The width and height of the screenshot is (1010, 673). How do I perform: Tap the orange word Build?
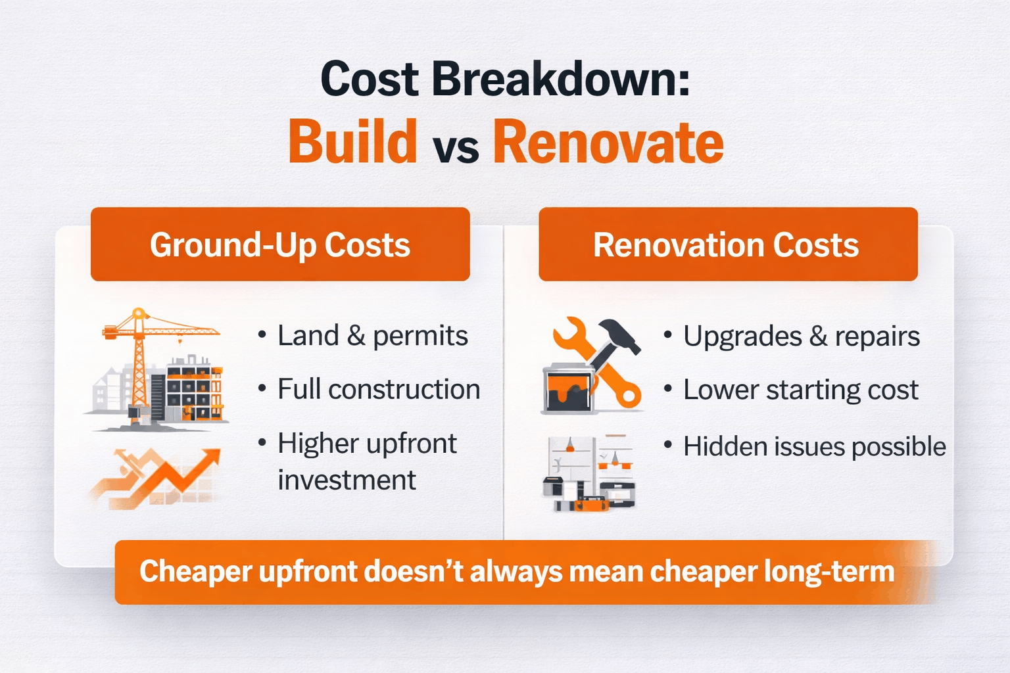[x=353, y=142]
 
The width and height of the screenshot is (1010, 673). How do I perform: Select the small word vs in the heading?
[x=456, y=149]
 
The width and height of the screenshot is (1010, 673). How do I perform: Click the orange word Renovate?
[x=608, y=142]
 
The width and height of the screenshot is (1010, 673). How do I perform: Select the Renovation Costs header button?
[x=727, y=244]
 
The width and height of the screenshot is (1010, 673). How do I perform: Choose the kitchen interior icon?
[x=589, y=473]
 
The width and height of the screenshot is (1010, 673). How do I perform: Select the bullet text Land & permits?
[x=372, y=336]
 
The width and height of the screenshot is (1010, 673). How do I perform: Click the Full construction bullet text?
[x=378, y=390]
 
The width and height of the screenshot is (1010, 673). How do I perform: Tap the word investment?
[x=347, y=480]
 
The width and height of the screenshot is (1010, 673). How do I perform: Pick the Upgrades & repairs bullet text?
[x=801, y=336]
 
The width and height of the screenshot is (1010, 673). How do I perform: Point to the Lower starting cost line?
[x=800, y=390]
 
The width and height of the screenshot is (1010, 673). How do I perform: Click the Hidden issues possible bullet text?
[x=814, y=447]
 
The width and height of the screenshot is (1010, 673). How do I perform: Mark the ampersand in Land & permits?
[x=356, y=336]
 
